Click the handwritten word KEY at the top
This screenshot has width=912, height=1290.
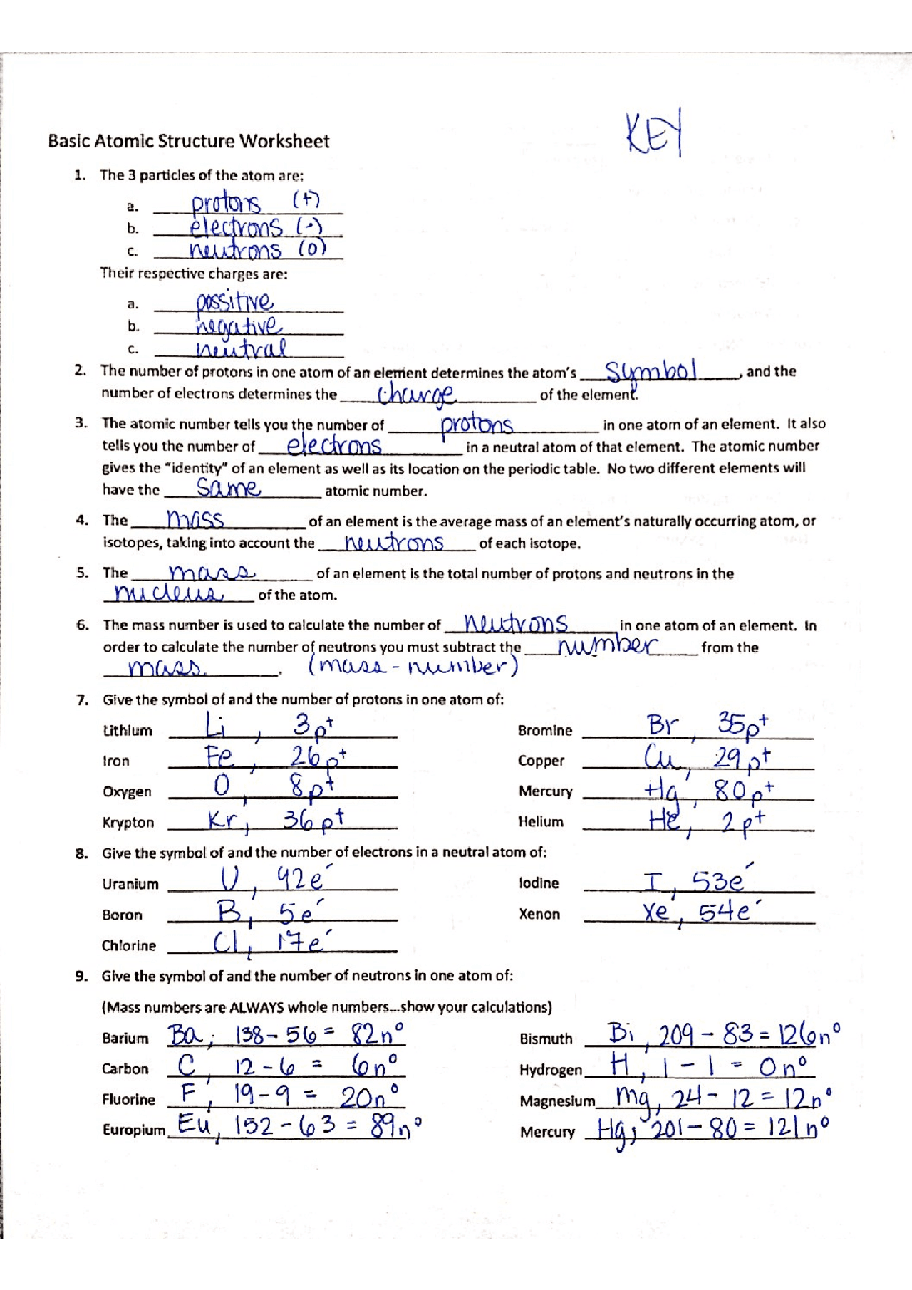(654, 132)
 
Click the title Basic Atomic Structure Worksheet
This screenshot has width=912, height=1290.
(189, 141)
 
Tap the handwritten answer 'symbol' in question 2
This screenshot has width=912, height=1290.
(650, 370)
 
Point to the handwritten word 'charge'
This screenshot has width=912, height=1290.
(416, 394)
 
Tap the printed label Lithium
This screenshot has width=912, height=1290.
(128, 731)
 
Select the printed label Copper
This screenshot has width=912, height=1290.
(541, 761)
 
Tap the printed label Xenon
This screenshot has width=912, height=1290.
(539, 914)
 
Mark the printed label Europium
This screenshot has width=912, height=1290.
(133, 1130)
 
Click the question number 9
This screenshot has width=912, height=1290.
(82, 976)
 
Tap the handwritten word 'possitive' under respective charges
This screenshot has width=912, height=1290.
(234, 302)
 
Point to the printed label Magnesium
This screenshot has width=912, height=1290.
(557, 1101)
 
